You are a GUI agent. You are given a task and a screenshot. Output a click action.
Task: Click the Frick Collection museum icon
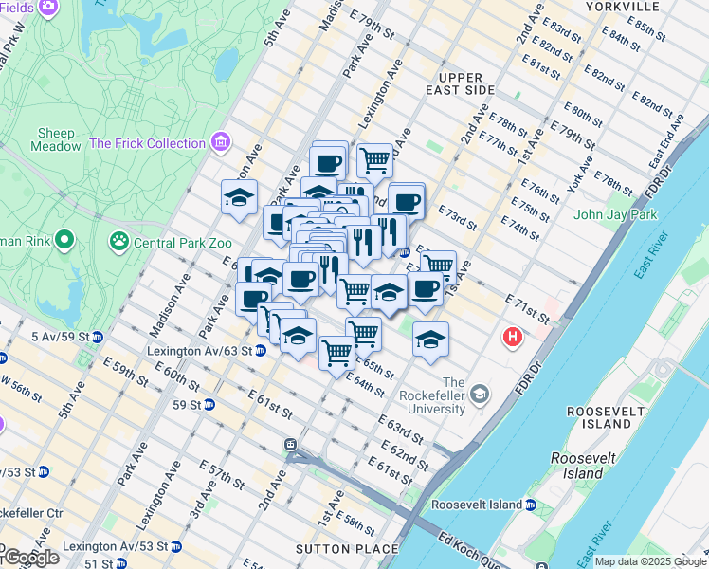pyautogui.click(x=221, y=143)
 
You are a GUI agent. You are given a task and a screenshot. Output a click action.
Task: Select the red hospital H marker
pyautogui.click(x=513, y=337)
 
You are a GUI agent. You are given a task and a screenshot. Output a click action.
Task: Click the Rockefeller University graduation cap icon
pyautogui.click(x=481, y=393)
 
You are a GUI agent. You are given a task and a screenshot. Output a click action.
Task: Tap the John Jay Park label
pyautogui.click(x=616, y=215)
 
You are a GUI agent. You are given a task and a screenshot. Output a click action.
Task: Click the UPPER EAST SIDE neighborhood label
pyautogui.click(x=461, y=83)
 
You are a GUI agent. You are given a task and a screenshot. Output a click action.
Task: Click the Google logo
pyautogui.click(x=30, y=557)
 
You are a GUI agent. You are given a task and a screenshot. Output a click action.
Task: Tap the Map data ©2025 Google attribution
pyautogui.click(x=650, y=561)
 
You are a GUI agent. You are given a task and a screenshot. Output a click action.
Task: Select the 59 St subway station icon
pyautogui.click(x=209, y=405)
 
